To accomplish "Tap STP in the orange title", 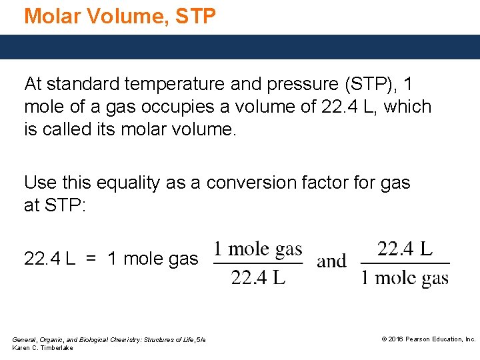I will pyautogui.click(x=196, y=15).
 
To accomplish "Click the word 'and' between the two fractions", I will pyautogui.click(x=331, y=261).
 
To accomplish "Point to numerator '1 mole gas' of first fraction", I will pyautogui.click(x=257, y=250).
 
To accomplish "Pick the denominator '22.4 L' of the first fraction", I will pyautogui.click(x=258, y=277).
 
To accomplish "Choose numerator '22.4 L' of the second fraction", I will pyautogui.click(x=405, y=249).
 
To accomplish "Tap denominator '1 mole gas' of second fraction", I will pyautogui.click(x=405, y=277).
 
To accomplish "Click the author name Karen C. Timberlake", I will pyautogui.click(x=43, y=348).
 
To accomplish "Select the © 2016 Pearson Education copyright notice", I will pyautogui.click(x=428, y=339).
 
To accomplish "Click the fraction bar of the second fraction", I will pyautogui.click(x=405, y=263).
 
